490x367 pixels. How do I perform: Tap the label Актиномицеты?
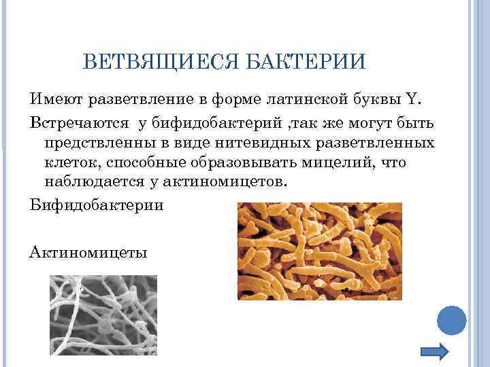88,251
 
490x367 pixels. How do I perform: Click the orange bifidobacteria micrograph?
319,251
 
